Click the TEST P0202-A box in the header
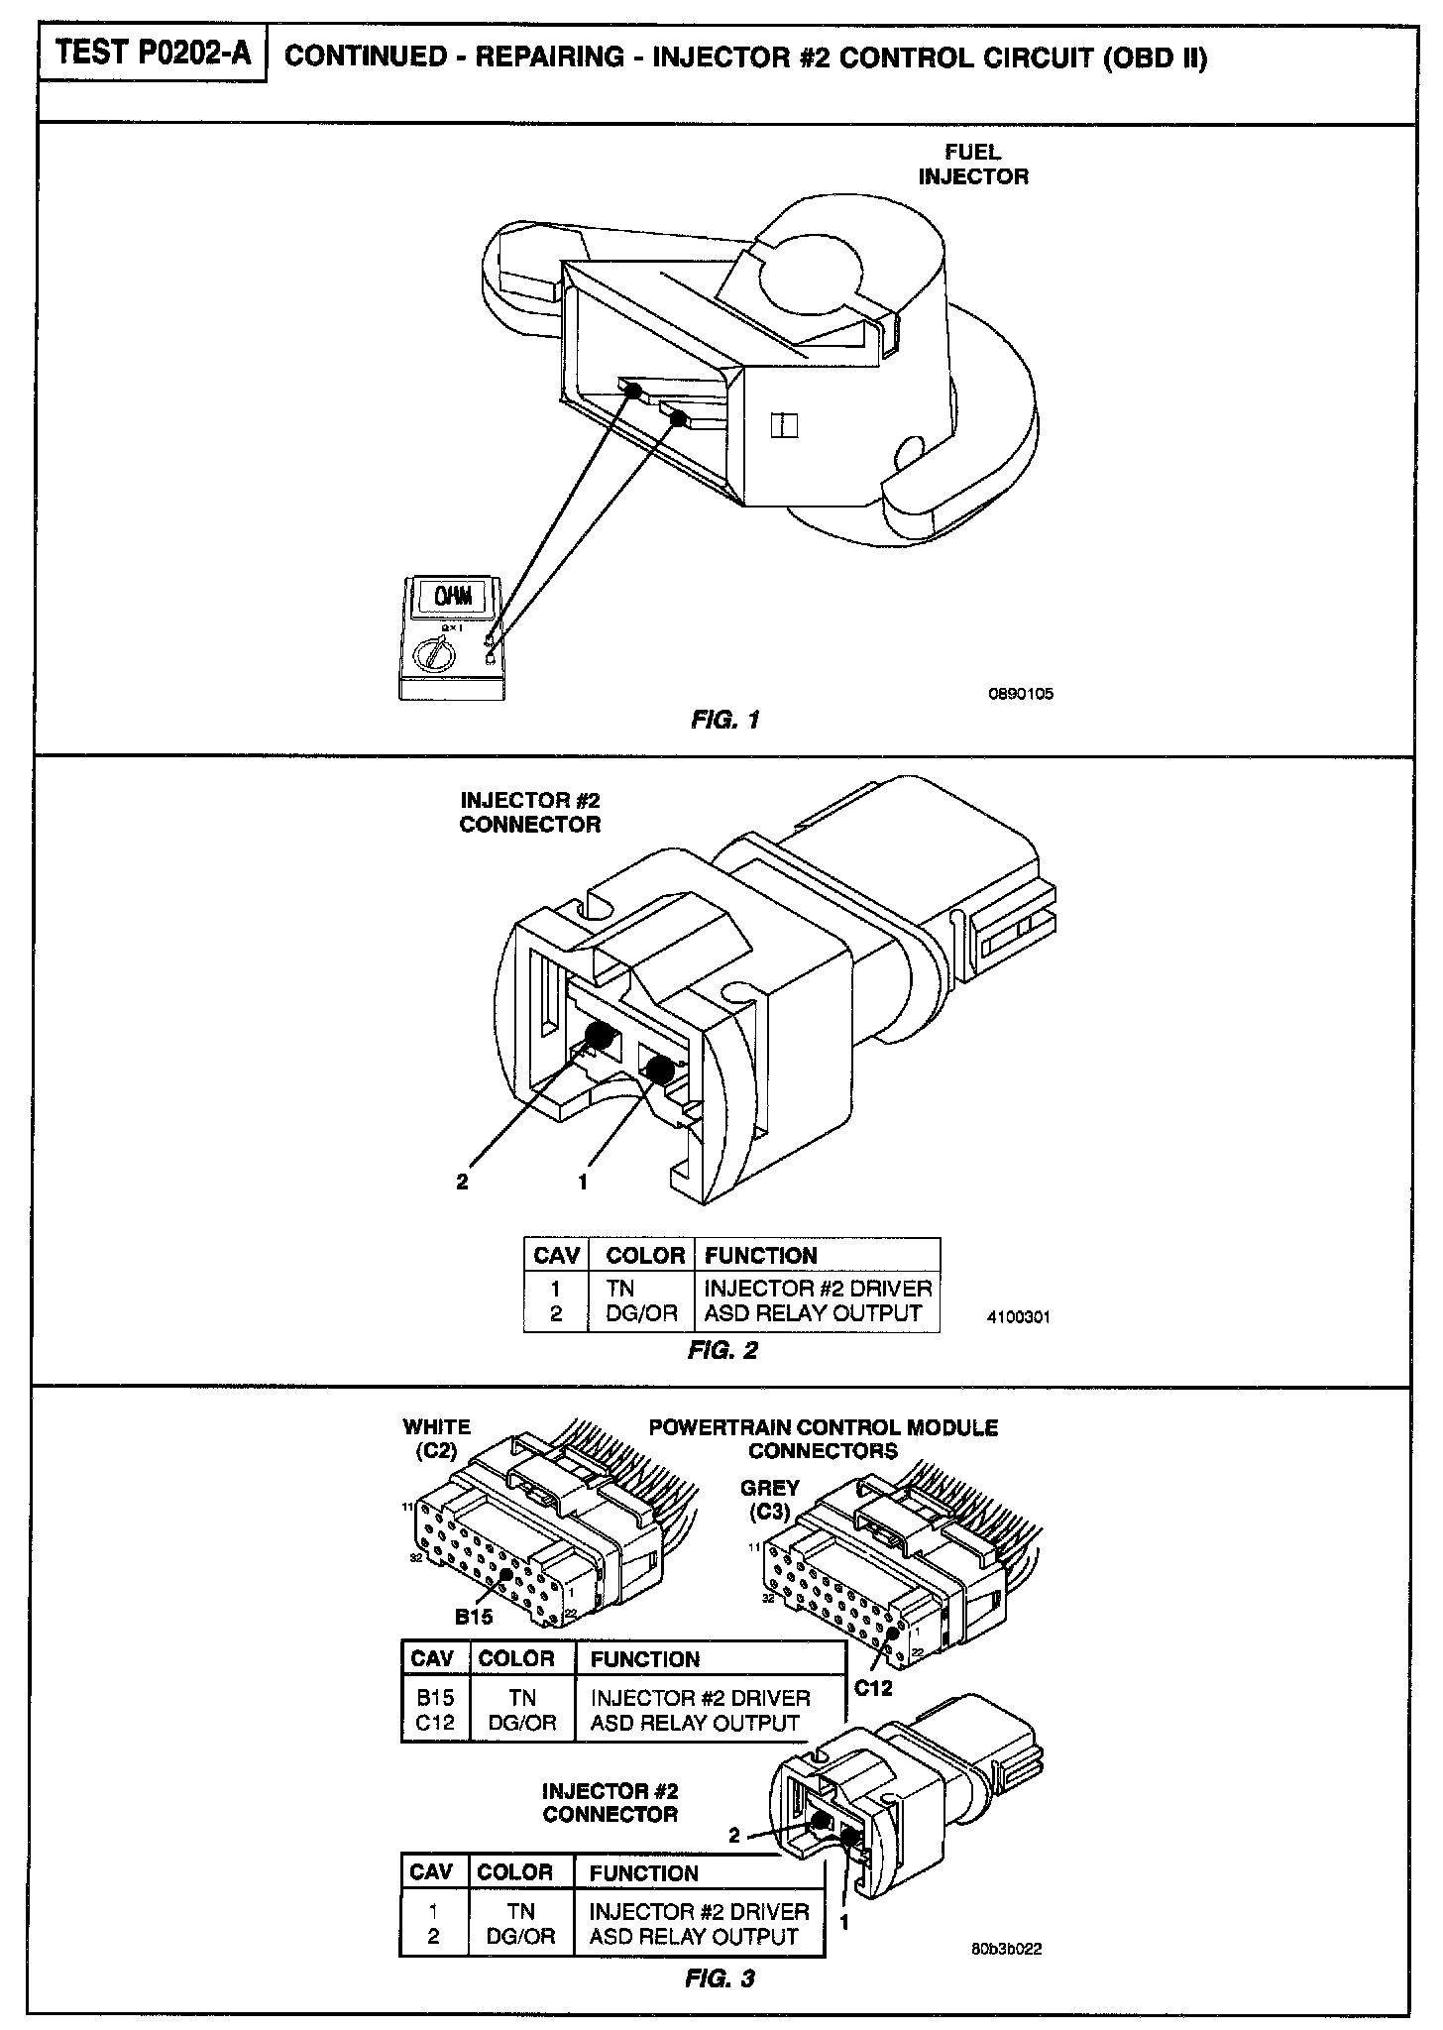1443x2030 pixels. [153, 54]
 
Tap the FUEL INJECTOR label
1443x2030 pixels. [972, 165]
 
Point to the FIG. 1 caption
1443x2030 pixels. [724, 720]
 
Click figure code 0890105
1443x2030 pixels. [1021, 694]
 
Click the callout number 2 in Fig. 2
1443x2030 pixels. [462, 1182]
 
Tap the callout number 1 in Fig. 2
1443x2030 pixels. [583, 1182]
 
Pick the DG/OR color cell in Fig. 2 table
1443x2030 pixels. [641, 1313]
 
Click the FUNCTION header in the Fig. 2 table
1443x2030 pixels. [760, 1256]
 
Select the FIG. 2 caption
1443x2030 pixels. [722, 1350]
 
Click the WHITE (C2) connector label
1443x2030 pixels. [436, 1438]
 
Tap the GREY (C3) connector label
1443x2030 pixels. [769, 1500]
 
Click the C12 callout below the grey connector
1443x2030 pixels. [873, 1688]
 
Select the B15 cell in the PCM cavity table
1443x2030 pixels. [434, 1698]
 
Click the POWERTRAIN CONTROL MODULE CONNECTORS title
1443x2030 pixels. [823, 1439]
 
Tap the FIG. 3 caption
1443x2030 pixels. [720, 1978]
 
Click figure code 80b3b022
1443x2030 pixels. [1006, 1949]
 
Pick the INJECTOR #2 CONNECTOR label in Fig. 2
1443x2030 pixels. [530, 813]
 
